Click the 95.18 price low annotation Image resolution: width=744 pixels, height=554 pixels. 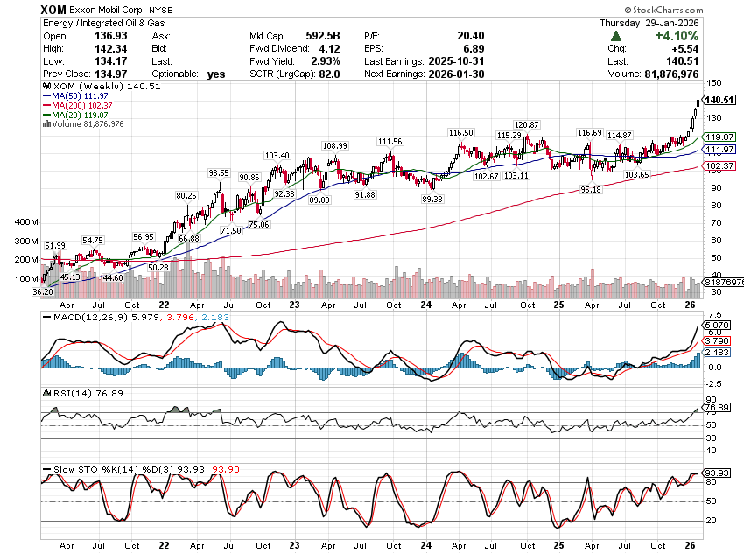click(x=590, y=189)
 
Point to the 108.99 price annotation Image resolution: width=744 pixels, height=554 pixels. click(x=335, y=145)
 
